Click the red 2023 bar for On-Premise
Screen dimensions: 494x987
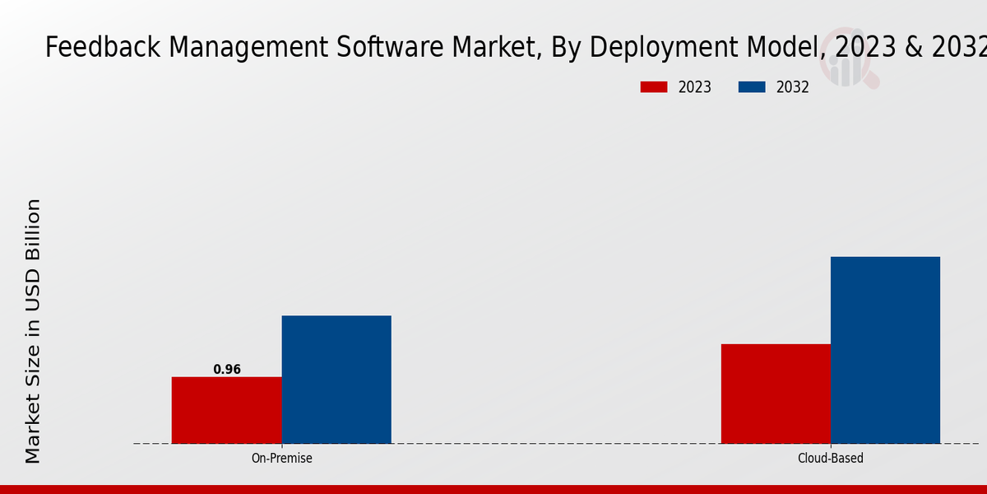(x=226, y=410)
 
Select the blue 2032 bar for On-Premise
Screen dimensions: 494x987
(x=336, y=380)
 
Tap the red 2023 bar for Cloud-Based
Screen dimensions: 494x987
(x=776, y=394)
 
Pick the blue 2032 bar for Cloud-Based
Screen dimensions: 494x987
(x=885, y=350)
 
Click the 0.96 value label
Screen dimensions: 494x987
(x=227, y=370)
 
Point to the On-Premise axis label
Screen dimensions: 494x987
(x=281, y=459)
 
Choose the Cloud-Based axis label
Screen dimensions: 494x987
(x=831, y=459)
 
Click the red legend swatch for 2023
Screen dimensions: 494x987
(x=654, y=87)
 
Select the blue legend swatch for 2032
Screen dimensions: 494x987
(x=752, y=87)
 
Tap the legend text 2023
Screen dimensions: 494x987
(x=695, y=87)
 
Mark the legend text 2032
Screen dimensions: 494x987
(x=793, y=87)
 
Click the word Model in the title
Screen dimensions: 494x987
(x=786, y=49)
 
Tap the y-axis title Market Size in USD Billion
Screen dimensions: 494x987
(x=33, y=331)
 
